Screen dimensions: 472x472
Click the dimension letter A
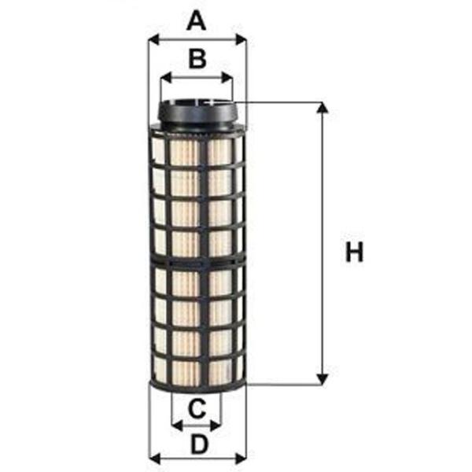click(197, 19)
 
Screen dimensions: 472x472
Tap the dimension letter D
click(199, 444)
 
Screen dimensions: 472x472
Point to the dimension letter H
click(356, 253)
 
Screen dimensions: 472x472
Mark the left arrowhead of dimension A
click(153, 38)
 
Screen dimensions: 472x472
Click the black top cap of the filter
click(197, 116)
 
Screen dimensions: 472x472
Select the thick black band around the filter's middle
click(197, 261)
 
